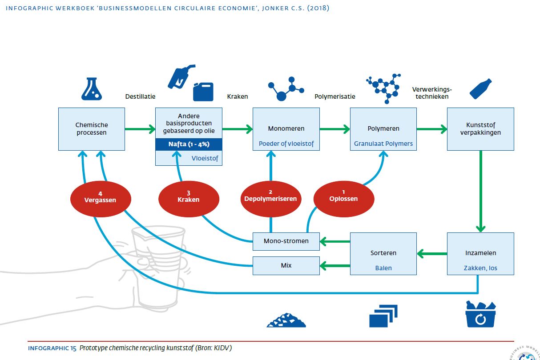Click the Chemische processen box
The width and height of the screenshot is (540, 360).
point(92,129)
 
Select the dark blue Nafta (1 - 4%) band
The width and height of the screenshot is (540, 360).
point(189,144)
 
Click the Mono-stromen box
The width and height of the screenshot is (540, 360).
point(286,241)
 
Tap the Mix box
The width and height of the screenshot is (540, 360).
point(286,265)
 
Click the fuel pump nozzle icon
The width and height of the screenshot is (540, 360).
point(180,77)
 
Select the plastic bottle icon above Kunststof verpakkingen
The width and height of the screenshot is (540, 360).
point(480,89)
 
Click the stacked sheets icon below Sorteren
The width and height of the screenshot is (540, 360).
point(383,316)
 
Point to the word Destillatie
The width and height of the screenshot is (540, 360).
point(140,96)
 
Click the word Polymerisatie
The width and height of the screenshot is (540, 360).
point(334,96)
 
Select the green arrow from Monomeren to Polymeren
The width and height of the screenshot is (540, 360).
point(334,129)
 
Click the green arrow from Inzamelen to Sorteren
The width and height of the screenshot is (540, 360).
point(432,254)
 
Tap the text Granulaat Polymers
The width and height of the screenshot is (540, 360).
point(383,144)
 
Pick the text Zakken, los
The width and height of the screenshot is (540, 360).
point(481,268)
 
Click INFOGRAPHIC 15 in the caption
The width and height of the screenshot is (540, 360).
point(52,348)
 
